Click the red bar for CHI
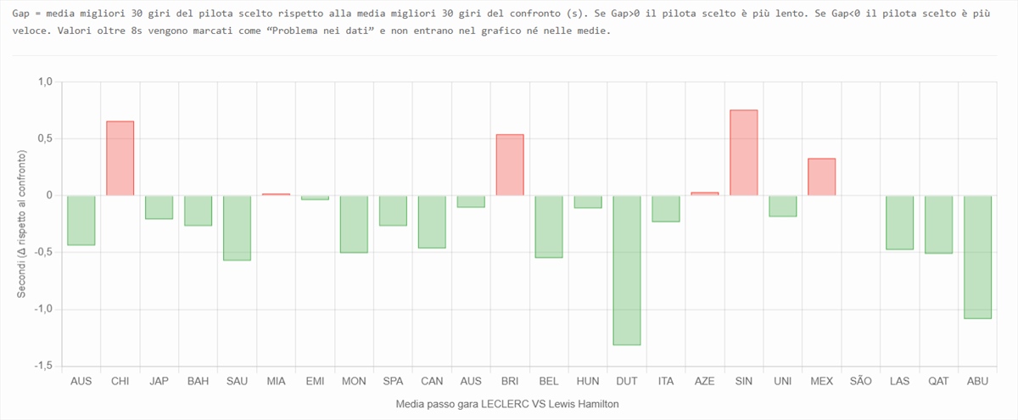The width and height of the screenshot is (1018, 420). [120, 159]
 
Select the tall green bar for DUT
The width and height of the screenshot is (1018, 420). [627, 270]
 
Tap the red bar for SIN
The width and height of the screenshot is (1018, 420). [743, 153]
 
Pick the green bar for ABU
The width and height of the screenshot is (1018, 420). [977, 257]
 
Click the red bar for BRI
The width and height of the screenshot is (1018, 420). [510, 165]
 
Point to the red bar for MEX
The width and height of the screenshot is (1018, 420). [821, 176]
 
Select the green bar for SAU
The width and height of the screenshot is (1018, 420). [237, 227]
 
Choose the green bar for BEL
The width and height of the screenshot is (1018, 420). [549, 227]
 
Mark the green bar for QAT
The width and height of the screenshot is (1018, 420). [938, 224]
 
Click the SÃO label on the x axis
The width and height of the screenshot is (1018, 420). [860, 382]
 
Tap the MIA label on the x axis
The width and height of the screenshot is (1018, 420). [276, 382]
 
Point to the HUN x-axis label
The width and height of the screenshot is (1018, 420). [588, 382]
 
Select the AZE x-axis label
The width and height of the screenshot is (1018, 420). [704, 382]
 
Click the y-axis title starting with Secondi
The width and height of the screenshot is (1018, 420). [22, 224]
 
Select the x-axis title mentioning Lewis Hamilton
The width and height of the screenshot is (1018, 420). [507, 405]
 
